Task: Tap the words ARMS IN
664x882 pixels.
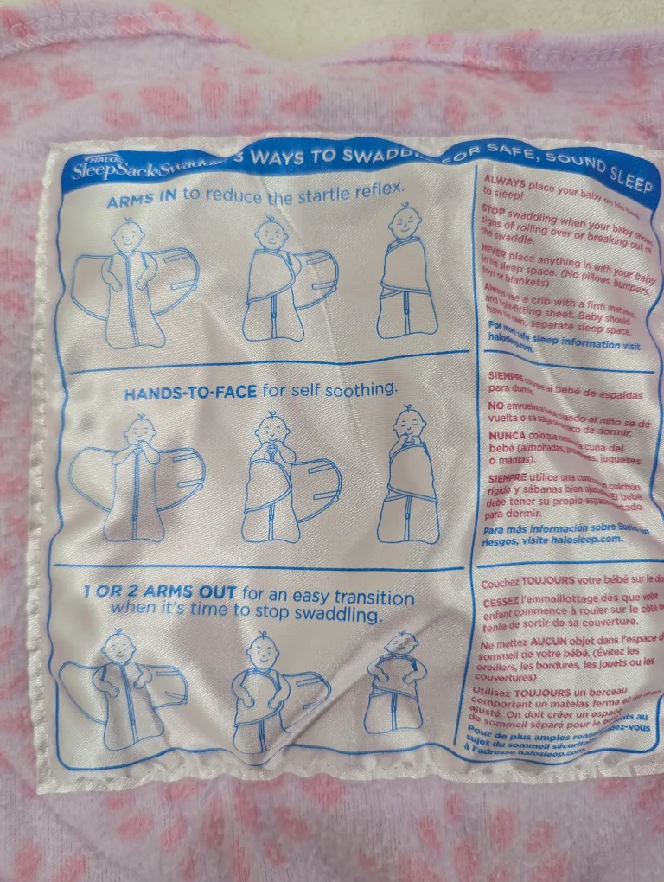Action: (142, 201)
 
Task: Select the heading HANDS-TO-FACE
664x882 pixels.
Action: (189, 393)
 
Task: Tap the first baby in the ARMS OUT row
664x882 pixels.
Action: (121, 687)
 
